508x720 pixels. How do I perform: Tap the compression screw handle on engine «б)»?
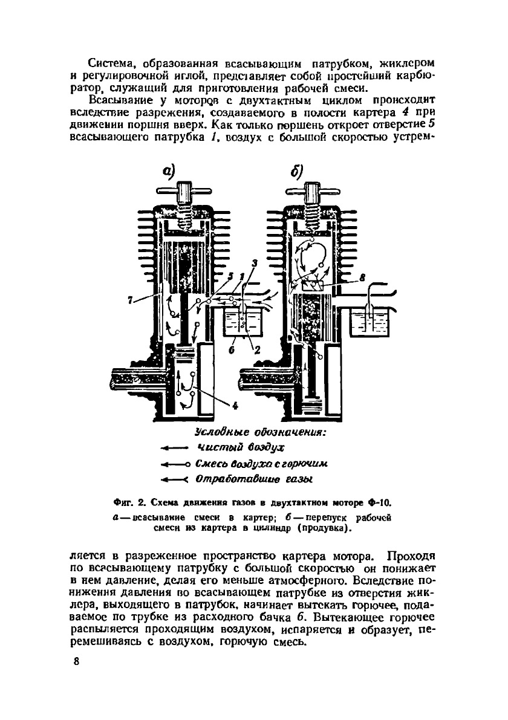312,193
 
